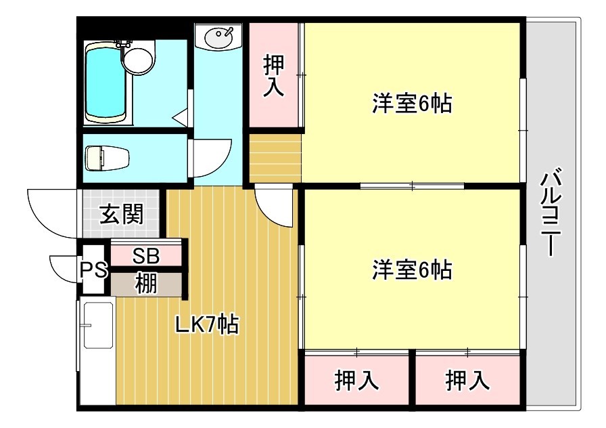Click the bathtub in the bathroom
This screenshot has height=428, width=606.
coord(106,83)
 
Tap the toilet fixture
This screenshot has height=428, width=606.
coord(107,158)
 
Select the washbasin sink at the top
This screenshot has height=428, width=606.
coord(218,37)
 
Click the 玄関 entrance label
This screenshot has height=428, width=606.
coord(121,214)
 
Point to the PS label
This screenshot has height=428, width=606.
coord(93,269)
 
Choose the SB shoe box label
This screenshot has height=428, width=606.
coord(145,256)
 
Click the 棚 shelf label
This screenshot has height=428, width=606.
coord(146,284)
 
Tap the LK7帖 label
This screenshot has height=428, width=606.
coord(207,324)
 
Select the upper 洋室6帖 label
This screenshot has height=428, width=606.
coord(413,104)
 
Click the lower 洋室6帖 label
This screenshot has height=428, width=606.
coord(413,270)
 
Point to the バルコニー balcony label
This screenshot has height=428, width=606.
coord(551,212)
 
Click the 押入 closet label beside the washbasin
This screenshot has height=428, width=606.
coord(274,76)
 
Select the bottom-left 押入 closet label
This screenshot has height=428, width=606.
coord(356,380)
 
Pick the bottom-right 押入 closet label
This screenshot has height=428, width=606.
coord(467,380)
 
